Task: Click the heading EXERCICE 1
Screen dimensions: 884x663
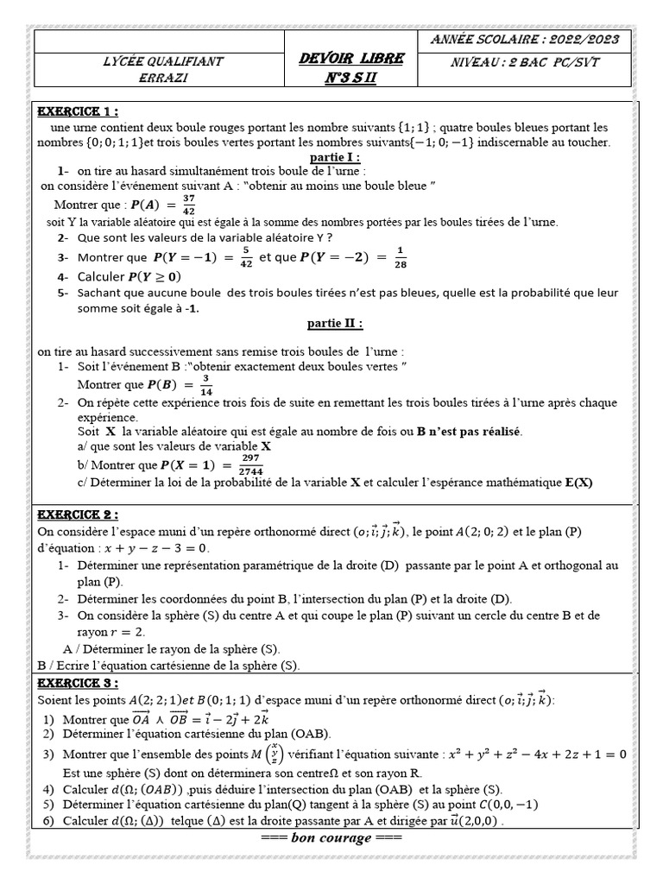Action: pyautogui.click(x=77, y=111)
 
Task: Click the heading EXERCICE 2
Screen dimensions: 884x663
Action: pyautogui.click(x=77, y=515)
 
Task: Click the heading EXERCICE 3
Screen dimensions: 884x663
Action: pyautogui.click(x=77, y=684)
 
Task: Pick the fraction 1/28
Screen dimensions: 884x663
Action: pyautogui.click(x=401, y=257)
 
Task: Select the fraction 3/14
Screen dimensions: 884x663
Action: pyautogui.click(x=205, y=384)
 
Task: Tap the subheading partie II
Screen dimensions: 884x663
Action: pyautogui.click(x=336, y=323)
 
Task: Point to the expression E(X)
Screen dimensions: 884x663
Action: pyautogui.click(x=580, y=483)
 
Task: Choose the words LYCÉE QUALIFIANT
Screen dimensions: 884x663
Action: pyautogui.click(x=163, y=61)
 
